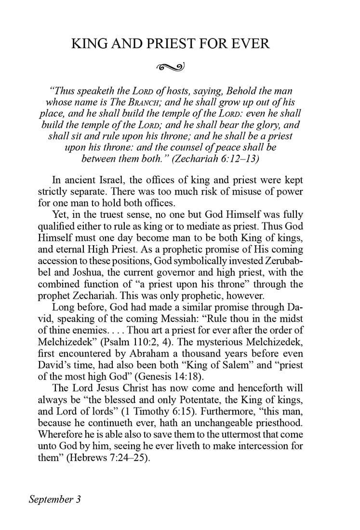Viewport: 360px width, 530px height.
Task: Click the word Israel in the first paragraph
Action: [118, 181]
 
